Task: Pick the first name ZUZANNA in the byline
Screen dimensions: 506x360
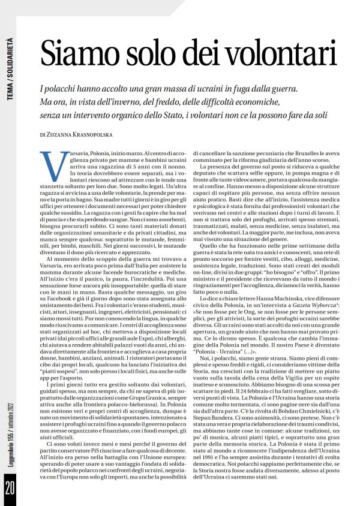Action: (63, 135)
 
